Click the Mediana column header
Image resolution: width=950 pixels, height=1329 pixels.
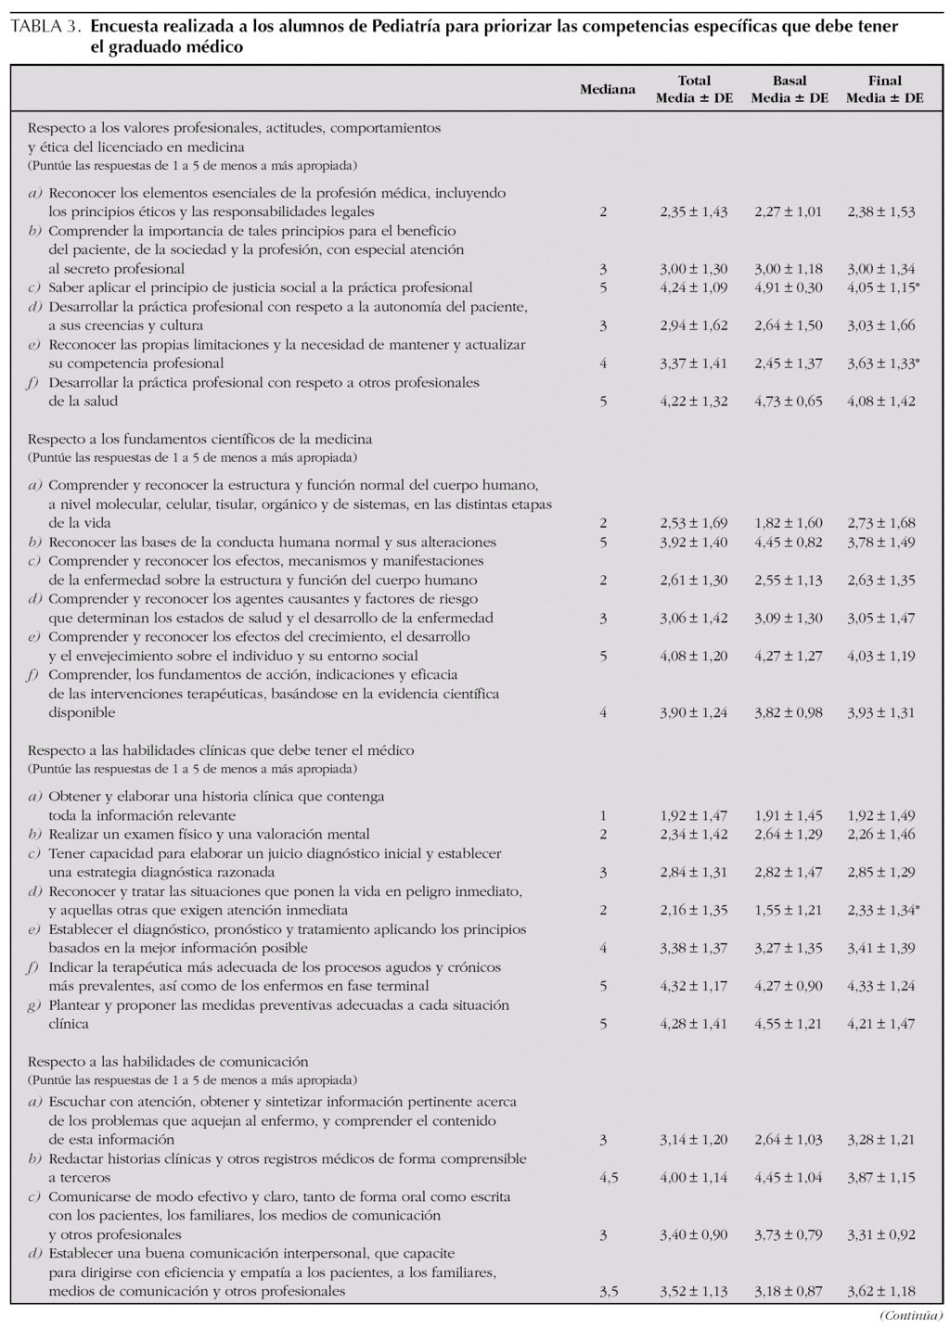608,89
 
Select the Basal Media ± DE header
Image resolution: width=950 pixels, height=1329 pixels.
790,89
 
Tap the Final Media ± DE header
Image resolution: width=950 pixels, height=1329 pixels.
885,89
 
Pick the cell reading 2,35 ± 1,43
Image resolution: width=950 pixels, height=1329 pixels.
694,211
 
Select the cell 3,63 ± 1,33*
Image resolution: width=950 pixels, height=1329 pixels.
883,364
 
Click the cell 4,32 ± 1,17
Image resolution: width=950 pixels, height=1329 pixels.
694,986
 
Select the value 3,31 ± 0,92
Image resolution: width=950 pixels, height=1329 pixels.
881,1234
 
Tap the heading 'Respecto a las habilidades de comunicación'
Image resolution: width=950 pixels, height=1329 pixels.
168,1062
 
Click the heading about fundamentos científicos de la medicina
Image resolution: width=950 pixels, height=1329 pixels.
200,439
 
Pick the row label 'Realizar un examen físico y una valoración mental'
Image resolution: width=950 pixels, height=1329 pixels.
209,835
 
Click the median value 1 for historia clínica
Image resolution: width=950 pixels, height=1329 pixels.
603,816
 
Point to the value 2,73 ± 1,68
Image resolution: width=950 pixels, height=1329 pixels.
881,523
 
